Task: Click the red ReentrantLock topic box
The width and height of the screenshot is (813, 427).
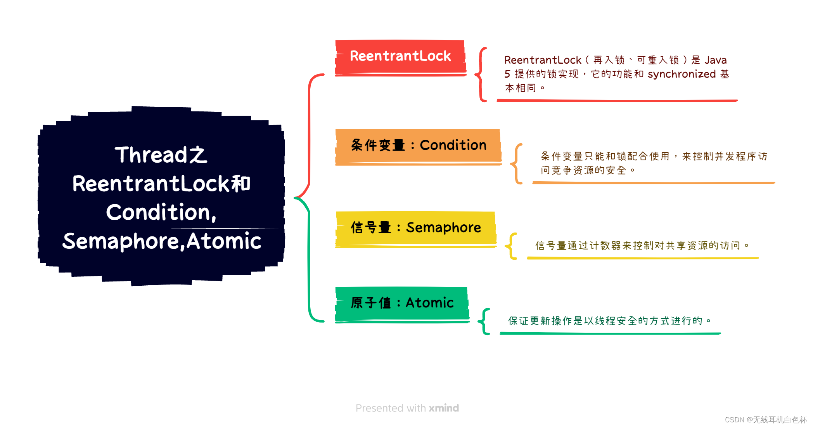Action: click(x=400, y=57)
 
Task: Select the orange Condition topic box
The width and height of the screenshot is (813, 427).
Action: click(x=418, y=146)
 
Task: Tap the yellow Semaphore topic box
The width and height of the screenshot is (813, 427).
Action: click(x=415, y=228)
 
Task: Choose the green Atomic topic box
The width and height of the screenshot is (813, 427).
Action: click(x=402, y=303)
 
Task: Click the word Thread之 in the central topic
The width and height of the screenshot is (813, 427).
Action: click(x=161, y=155)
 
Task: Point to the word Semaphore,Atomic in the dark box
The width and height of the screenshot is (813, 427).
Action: click(x=162, y=241)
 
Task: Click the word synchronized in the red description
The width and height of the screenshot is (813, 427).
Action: click(x=682, y=74)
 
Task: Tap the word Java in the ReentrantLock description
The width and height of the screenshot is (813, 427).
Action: click(x=716, y=60)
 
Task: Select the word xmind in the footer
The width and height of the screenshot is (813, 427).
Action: click(x=444, y=408)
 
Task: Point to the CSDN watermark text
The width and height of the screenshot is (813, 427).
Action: click(x=766, y=420)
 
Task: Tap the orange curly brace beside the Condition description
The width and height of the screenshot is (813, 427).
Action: click(x=517, y=163)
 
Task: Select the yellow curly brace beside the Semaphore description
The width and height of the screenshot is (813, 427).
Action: click(x=512, y=246)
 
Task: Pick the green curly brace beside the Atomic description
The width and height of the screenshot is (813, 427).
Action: click(x=484, y=321)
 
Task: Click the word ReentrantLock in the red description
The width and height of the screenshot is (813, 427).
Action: click(x=543, y=60)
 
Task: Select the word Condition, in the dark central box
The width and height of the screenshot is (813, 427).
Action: click(x=161, y=212)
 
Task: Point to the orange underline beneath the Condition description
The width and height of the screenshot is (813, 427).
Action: click(x=654, y=183)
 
